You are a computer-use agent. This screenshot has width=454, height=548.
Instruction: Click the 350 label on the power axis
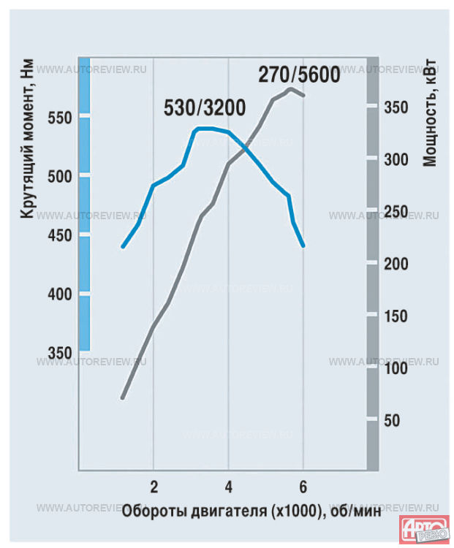pos(396,107)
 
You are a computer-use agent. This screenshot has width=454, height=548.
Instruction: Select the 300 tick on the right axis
pos(396,159)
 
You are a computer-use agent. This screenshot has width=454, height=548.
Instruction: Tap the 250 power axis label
pos(396,212)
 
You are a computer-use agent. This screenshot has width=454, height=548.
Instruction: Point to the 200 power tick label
pos(396,265)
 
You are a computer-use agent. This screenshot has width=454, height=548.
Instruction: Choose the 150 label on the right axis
pos(396,316)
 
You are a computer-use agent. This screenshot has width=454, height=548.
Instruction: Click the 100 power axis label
pos(396,368)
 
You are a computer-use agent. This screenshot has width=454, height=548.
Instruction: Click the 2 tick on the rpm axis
pos(154,486)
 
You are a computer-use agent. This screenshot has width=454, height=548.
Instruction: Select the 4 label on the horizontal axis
pos(229,486)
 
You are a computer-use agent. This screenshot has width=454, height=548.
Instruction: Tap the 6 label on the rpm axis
pos(303,486)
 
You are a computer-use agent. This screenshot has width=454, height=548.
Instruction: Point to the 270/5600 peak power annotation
pos(298,75)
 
